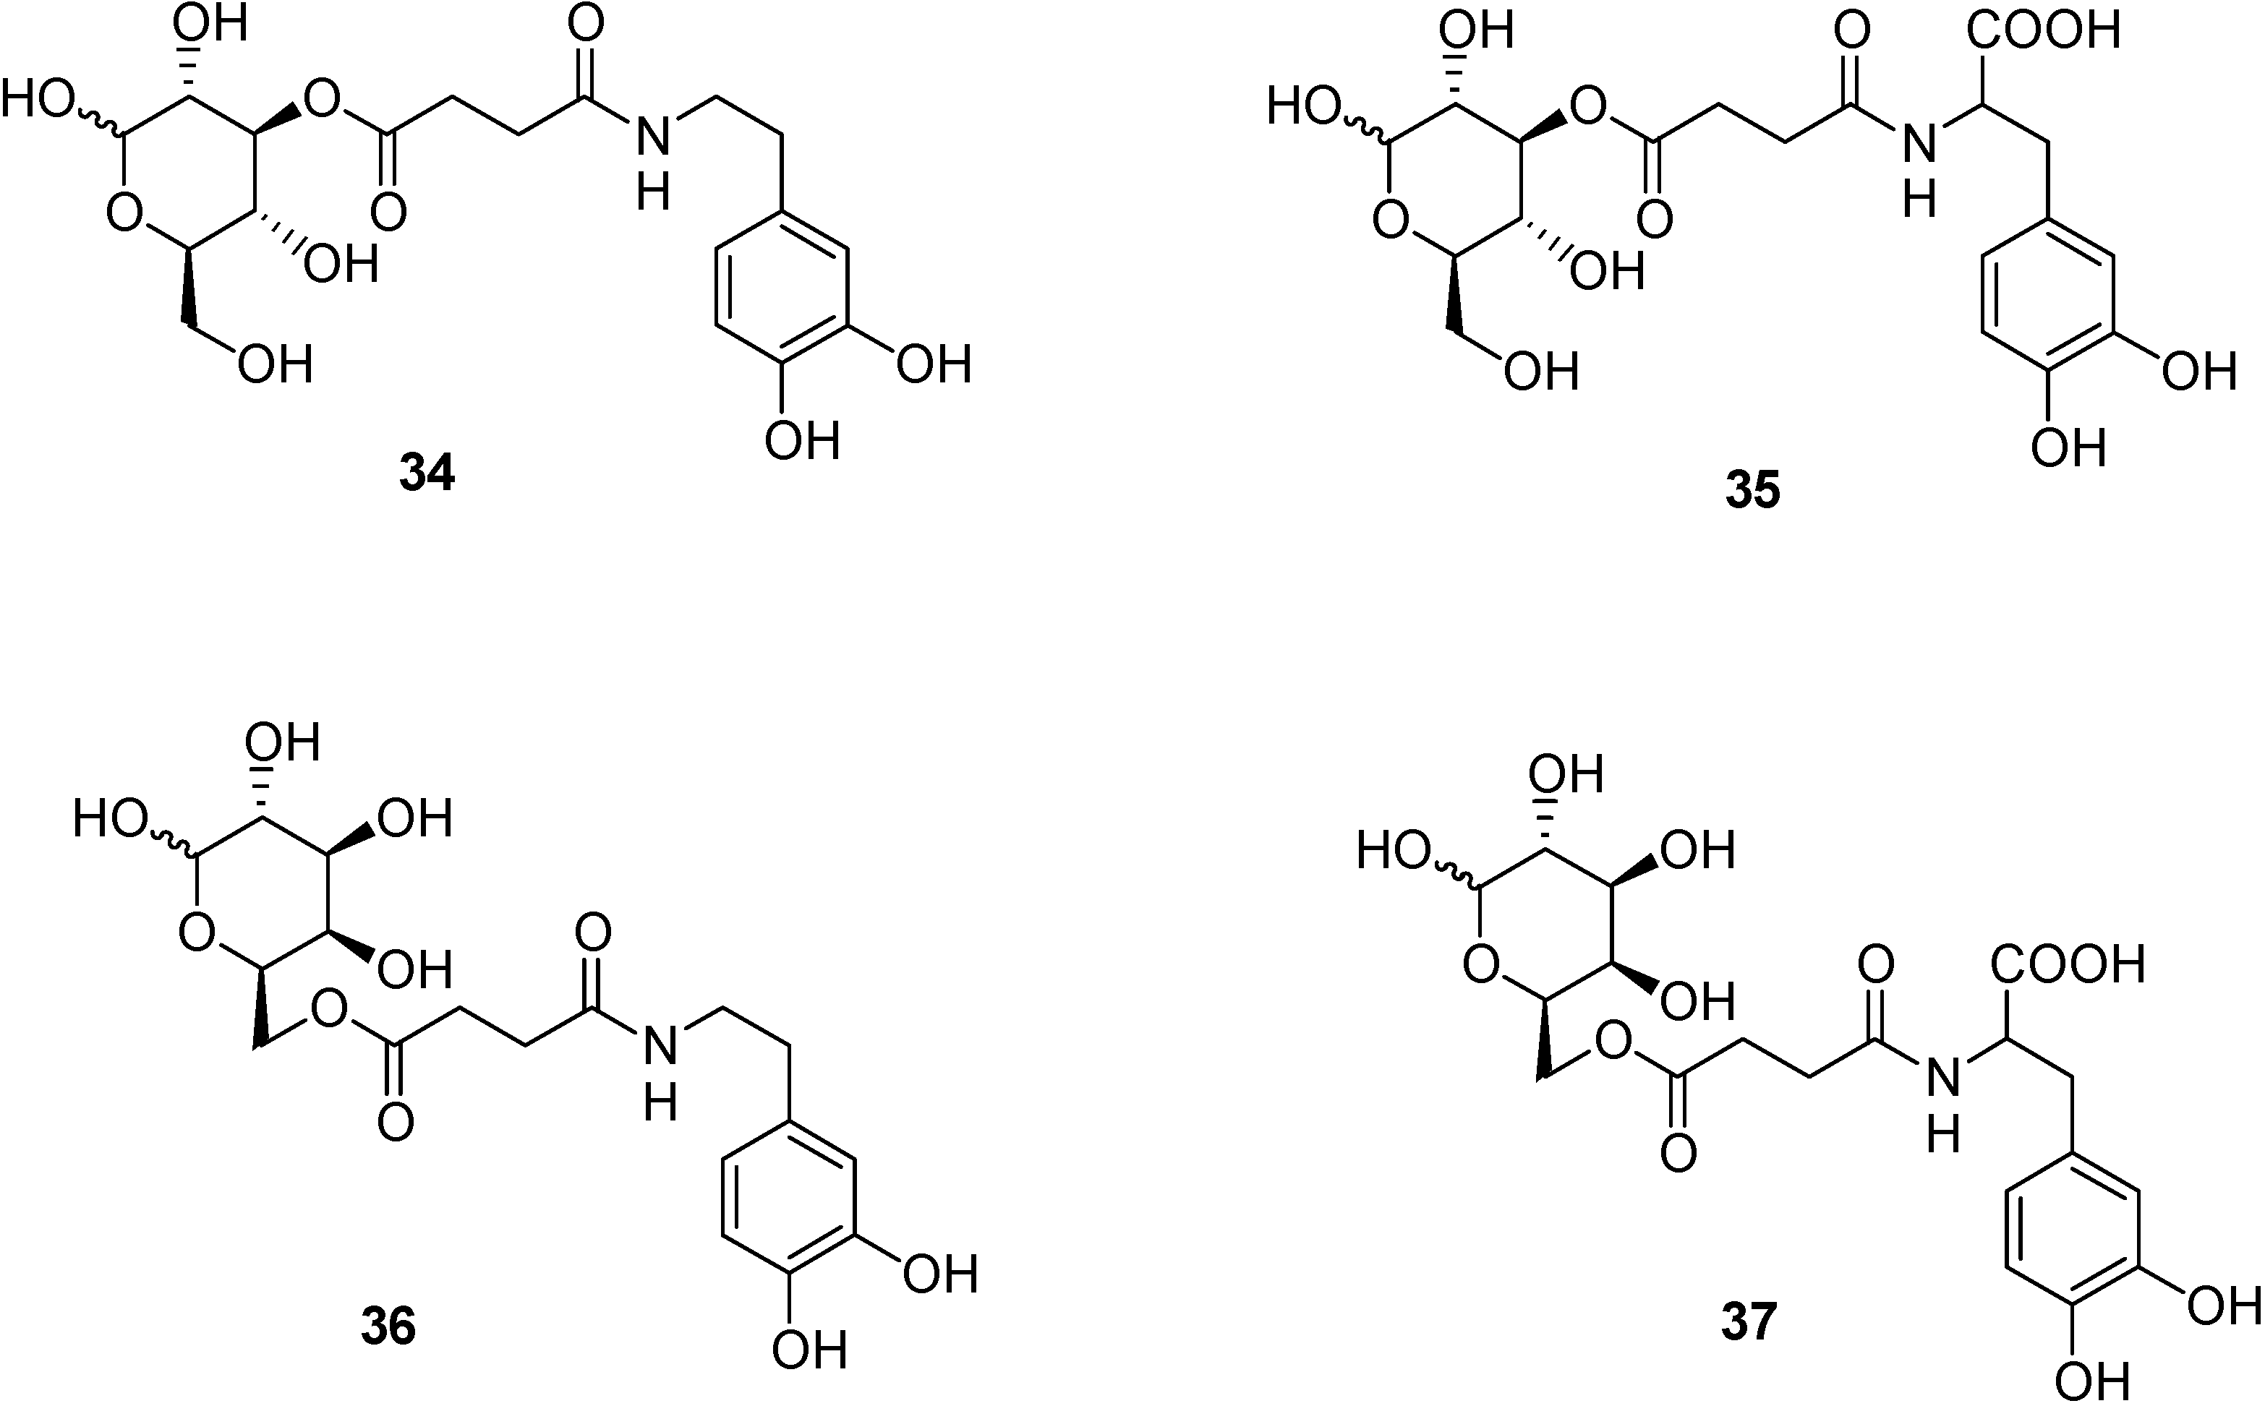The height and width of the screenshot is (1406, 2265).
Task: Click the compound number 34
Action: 427,474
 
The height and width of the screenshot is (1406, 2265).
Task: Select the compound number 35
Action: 1752,491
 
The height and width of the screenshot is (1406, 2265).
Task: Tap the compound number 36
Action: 388,1326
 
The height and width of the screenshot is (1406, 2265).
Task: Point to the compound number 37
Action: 1749,1321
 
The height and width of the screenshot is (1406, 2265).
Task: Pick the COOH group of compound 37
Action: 2067,965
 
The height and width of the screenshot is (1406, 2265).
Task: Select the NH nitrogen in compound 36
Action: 660,1049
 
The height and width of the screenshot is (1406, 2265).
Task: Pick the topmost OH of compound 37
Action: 1566,773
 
